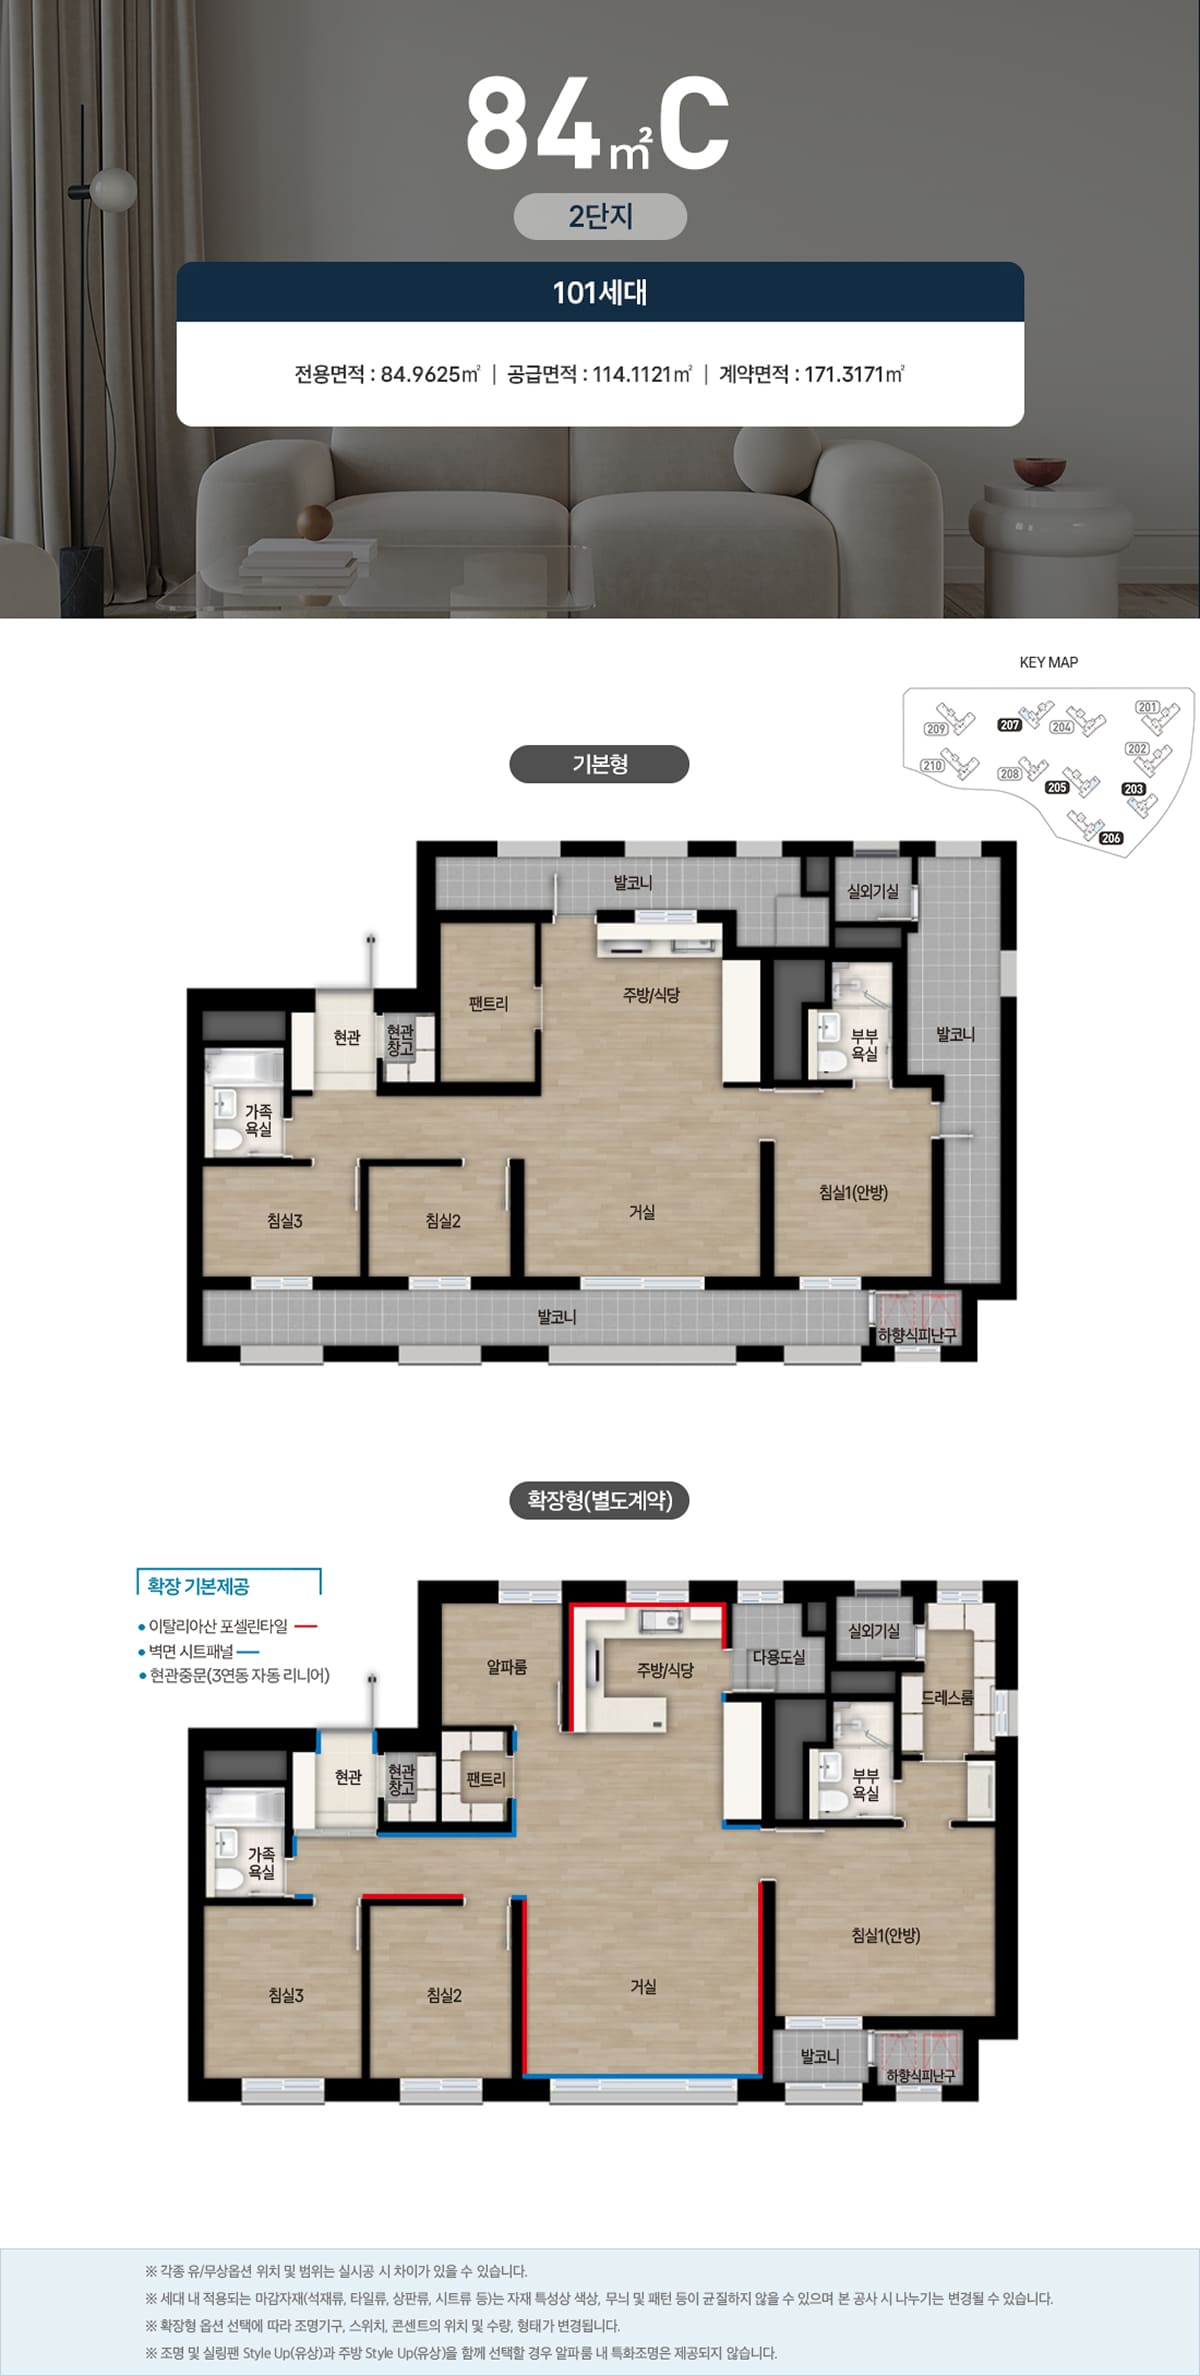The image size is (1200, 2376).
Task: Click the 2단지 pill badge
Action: (600, 216)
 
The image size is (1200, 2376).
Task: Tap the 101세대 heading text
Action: (600, 292)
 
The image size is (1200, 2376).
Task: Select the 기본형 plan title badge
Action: (599, 764)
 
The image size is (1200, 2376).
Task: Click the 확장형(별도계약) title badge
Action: (599, 1500)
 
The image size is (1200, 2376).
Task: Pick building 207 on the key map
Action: (1009, 725)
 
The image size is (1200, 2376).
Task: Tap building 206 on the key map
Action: (1111, 838)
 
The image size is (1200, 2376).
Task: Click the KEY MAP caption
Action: (1048, 662)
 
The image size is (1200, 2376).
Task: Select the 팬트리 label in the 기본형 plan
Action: (488, 1003)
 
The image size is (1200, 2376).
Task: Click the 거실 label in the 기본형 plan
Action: (642, 1212)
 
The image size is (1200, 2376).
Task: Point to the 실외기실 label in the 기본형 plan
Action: (873, 891)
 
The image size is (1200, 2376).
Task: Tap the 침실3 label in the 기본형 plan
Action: (285, 1220)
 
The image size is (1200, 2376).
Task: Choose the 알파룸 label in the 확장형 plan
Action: (507, 1666)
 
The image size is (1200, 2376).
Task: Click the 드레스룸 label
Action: (947, 1697)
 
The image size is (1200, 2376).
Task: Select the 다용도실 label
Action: (779, 1656)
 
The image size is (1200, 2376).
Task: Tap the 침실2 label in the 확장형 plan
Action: (444, 1994)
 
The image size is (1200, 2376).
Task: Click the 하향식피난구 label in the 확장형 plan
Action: (921, 2076)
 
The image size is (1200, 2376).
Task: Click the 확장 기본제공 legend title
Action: (198, 1585)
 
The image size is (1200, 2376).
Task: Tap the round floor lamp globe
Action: (113, 189)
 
